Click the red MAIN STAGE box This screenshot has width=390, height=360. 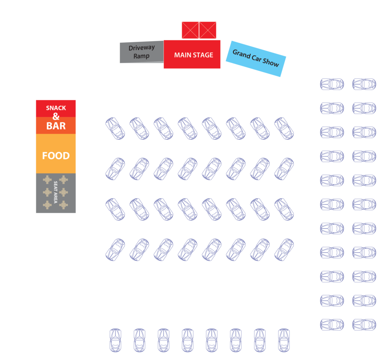192,54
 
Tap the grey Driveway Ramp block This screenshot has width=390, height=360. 142,52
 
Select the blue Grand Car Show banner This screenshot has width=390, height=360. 256,59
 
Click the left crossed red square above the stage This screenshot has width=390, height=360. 190,30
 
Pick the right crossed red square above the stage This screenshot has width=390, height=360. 208,30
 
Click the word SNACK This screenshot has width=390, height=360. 56,108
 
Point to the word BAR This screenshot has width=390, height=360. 56,126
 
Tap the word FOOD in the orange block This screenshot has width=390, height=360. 56,156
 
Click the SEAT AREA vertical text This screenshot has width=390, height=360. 56,192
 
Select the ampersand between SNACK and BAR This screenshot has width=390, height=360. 56,116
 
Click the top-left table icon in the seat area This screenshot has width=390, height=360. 47,180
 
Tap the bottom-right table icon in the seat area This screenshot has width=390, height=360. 64,205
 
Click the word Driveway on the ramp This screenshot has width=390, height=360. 142,48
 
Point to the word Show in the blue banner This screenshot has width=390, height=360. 271,63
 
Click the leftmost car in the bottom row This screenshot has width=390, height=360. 115,340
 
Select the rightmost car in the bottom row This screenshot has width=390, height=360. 284,340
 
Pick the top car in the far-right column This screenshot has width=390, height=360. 364,84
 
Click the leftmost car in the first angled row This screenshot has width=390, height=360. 115,129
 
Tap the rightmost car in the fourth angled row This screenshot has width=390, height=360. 284,250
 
